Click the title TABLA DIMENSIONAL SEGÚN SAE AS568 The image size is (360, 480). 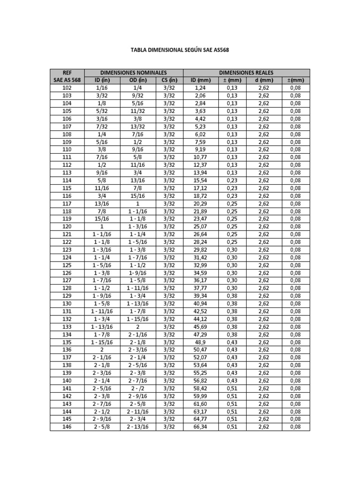(180, 50)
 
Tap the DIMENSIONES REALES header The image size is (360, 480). (247, 73)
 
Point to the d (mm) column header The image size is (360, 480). (263, 80)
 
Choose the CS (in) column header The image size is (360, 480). (170, 80)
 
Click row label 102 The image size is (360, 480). (67, 88)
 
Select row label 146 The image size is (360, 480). (67, 427)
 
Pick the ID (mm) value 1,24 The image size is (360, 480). (199, 88)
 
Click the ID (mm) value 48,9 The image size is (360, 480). (199, 342)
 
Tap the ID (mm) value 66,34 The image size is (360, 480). (199, 427)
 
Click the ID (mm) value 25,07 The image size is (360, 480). (199, 226)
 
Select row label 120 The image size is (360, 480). (67, 226)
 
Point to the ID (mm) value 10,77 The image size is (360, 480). (199, 157)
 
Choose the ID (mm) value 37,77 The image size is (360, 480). (199, 288)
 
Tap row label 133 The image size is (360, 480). (67, 327)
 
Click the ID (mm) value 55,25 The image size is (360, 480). (199, 373)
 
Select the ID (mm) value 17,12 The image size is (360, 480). (199, 188)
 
